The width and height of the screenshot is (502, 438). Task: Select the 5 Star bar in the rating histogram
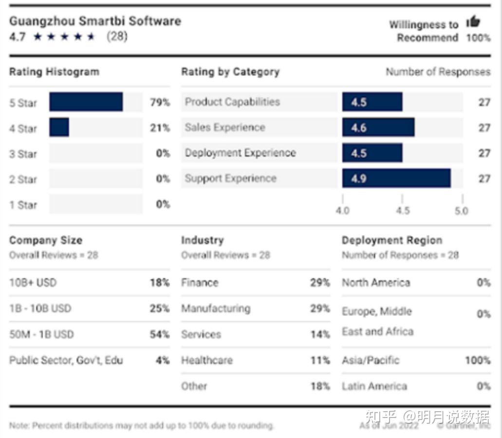(x=86, y=102)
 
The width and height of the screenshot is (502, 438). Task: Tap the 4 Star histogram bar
(x=59, y=128)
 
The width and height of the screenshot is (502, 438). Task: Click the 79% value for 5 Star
(x=160, y=102)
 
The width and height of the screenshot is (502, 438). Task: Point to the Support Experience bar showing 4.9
(x=396, y=179)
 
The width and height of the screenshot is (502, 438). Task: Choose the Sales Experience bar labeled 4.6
(x=378, y=128)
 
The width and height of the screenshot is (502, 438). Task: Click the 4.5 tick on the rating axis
(x=402, y=211)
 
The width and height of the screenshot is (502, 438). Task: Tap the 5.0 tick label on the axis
(x=461, y=211)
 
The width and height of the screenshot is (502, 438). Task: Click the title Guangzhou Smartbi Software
(x=95, y=21)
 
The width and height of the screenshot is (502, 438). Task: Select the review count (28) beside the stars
(x=117, y=37)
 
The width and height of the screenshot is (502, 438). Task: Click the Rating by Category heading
(x=230, y=72)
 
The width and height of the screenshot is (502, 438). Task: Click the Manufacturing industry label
(x=216, y=308)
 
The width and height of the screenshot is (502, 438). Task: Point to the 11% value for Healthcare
(x=320, y=360)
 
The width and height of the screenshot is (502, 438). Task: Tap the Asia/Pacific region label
(x=371, y=360)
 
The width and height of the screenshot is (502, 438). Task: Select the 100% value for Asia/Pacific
(x=478, y=360)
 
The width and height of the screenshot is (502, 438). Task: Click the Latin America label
(x=374, y=386)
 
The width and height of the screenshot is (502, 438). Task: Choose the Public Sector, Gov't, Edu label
(x=66, y=360)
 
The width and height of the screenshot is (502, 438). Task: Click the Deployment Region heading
(x=392, y=240)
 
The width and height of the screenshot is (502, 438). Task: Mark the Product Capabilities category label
(x=232, y=102)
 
